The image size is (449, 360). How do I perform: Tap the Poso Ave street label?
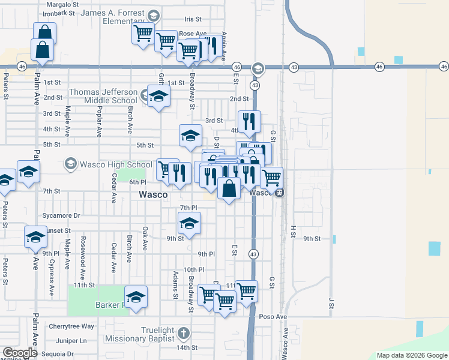tap(273, 316)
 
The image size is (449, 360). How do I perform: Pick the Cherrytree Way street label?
tap(71, 326)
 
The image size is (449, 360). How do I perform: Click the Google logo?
tap(19, 353)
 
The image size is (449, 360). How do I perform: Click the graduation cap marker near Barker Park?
tap(136, 296)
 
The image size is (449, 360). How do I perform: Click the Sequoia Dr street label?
tap(54, 354)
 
